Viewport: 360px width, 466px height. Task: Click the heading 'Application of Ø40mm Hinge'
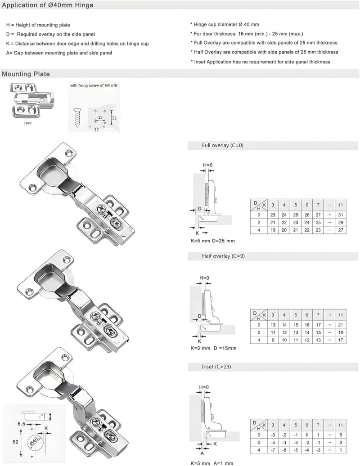48,5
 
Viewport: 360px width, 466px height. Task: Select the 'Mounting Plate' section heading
26,74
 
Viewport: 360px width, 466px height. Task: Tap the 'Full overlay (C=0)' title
223,145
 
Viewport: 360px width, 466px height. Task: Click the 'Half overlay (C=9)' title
223,256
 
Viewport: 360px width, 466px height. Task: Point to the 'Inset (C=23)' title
216,367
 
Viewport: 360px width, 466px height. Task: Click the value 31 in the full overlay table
341,215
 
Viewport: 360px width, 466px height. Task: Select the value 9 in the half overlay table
273,340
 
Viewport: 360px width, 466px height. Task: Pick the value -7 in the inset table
273,450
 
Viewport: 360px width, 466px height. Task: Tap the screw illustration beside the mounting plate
77,118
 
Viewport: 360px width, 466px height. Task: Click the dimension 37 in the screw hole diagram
96,130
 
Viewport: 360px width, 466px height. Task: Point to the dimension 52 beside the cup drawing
15,442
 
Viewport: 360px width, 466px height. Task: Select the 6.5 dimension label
22,424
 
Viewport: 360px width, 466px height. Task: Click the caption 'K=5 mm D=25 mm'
212,241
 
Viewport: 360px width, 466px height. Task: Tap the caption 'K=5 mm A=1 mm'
212,463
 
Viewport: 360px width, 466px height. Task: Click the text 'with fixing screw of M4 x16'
94,85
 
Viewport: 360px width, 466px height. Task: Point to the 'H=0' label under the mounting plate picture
28,123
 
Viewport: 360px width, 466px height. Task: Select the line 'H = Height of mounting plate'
38,25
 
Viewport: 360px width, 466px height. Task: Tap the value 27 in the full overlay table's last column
341,230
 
